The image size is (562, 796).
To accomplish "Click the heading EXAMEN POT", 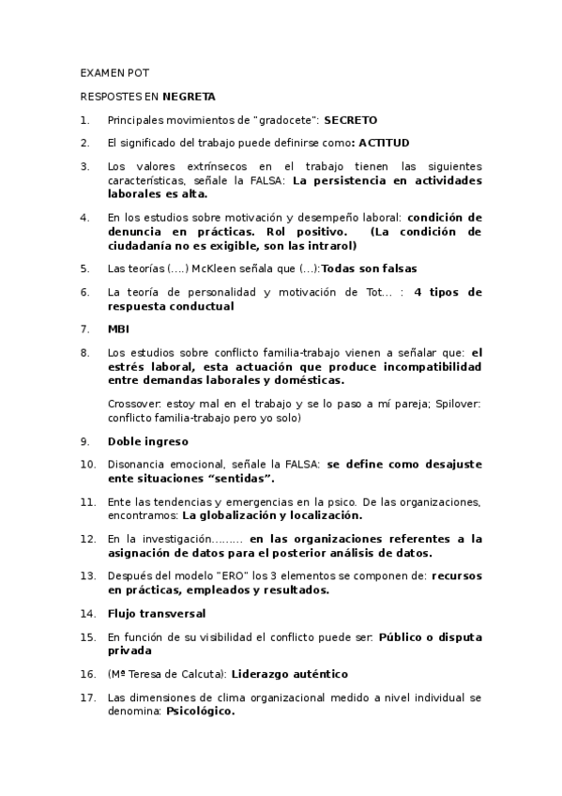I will (x=114, y=72).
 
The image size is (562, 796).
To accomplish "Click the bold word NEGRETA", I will (x=189, y=96).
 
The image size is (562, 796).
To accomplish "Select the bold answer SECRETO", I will (x=351, y=120).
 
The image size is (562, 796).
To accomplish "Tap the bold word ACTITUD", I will (x=384, y=144).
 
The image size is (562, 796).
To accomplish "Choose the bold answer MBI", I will (x=118, y=329).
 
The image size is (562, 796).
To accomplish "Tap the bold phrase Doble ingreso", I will (x=148, y=441).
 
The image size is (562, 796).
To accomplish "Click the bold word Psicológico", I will (x=201, y=711).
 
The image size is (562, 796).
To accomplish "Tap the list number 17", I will (x=86, y=697).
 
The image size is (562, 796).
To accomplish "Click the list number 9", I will (x=84, y=441).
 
